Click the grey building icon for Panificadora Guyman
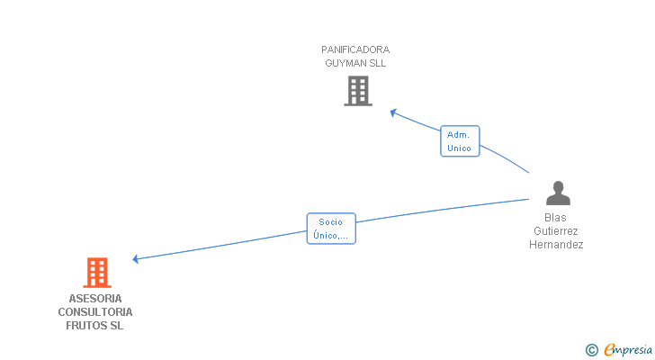[358, 91]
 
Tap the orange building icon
[97, 272]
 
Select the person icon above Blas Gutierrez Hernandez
[558, 193]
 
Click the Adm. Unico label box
[460, 141]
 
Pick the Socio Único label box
[331, 229]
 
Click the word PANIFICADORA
[355, 49]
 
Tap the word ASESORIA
[95, 298]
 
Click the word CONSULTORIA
[95, 311]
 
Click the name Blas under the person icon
[556, 218]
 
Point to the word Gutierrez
[556, 231]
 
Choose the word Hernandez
[556, 245]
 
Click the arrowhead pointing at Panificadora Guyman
[393, 112]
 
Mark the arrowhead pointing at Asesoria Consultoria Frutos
[136, 259]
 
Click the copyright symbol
[592, 350]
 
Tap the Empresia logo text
[628, 349]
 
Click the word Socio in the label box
[331, 221]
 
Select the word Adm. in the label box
[459, 134]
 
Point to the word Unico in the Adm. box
[460, 148]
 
